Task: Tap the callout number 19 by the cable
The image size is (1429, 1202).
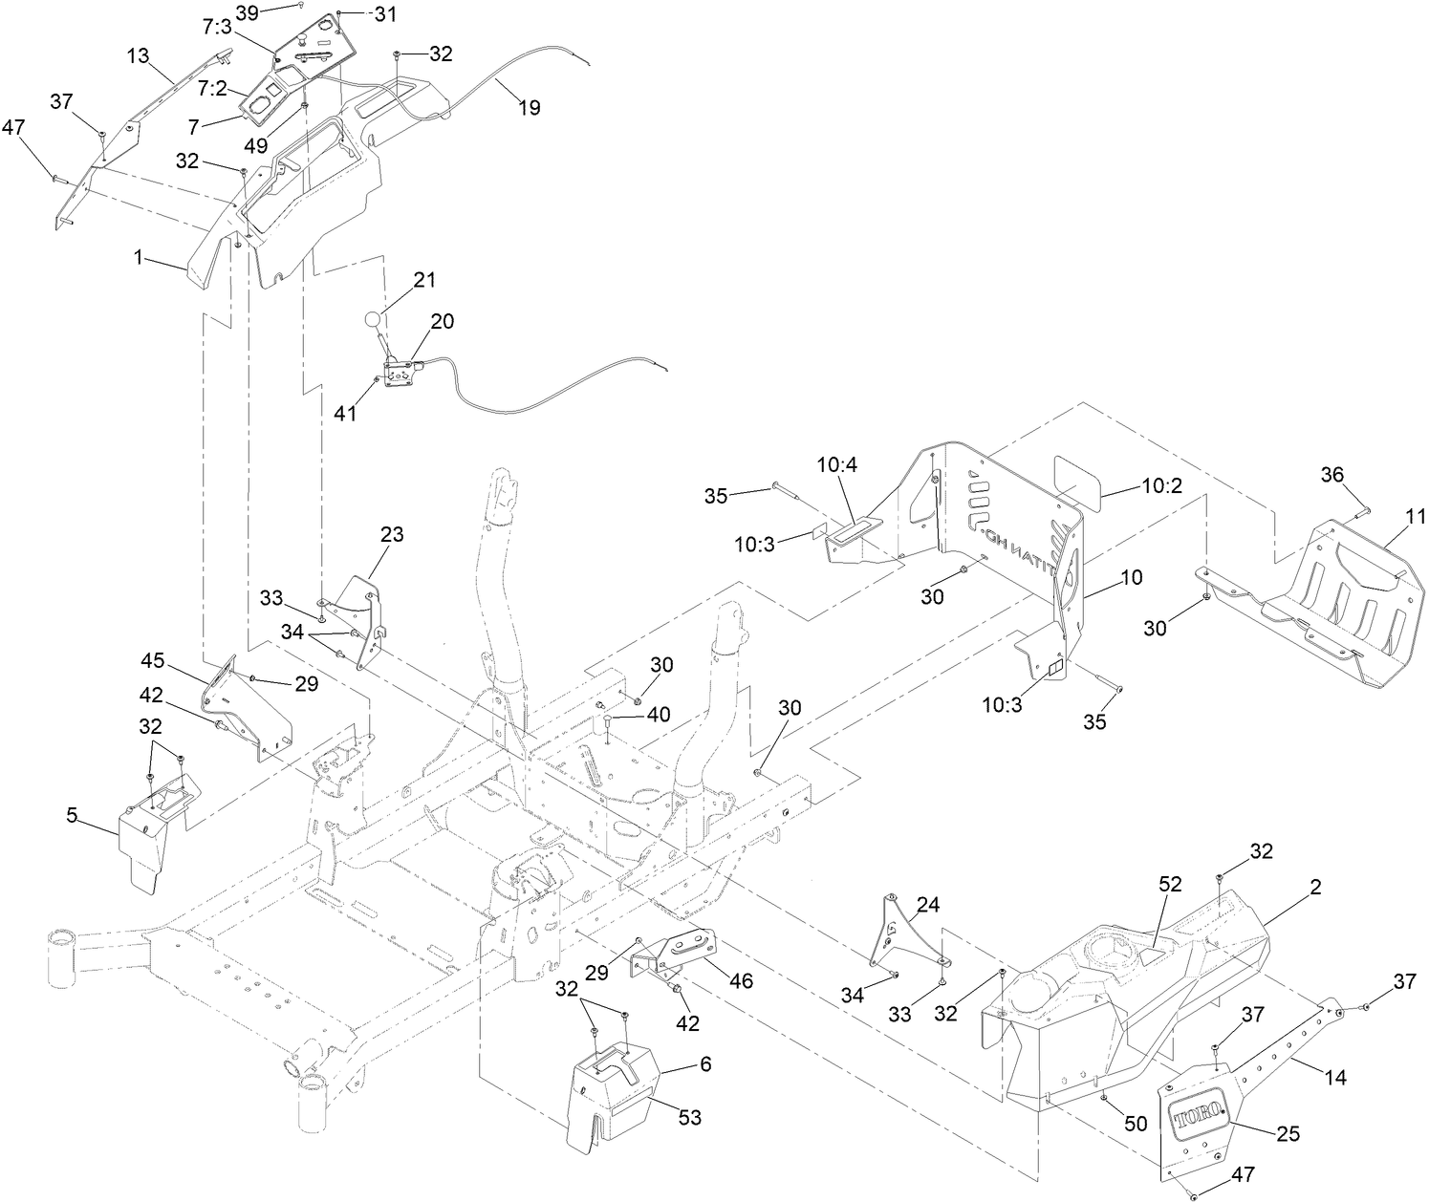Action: pos(529,108)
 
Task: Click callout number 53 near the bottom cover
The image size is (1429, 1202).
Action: pos(690,1118)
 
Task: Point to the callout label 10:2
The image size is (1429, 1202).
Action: pos(1161,485)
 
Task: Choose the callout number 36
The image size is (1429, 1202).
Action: pos(1332,475)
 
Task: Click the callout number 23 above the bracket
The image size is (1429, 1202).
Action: pos(391,535)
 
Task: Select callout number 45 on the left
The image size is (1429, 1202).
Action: pos(154,661)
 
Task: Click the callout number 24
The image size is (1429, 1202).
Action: pos(928,904)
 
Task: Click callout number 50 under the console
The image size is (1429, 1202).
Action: pos(1136,1125)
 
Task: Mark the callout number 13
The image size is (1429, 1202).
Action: pos(138,55)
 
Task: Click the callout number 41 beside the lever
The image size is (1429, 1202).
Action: pos(345,414)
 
